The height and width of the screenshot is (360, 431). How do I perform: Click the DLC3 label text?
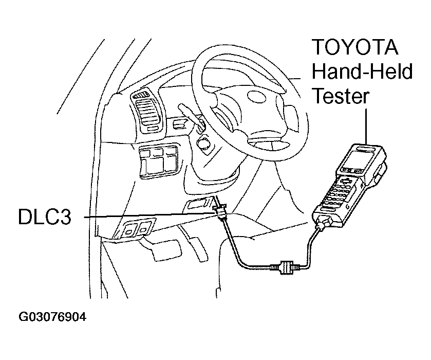click(x=43, y=217)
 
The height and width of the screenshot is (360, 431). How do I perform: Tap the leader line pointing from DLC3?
click(x=149, y=217)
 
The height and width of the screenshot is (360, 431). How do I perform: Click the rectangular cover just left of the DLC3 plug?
click(x=197, y=204)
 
